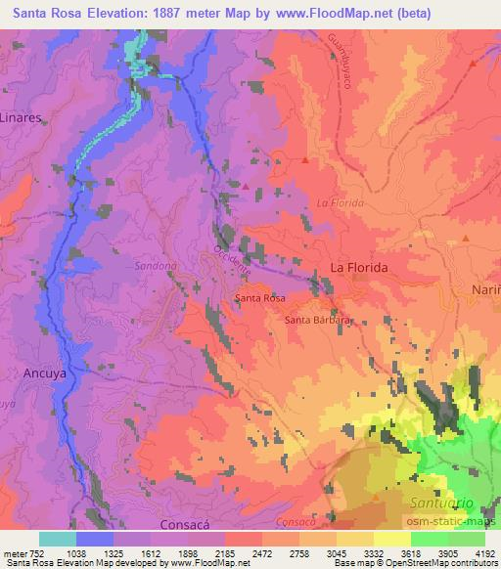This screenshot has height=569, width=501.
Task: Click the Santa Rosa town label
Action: pos(260,296)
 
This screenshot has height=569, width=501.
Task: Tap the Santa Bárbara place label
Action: pos(316,320)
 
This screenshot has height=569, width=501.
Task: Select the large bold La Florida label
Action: pos(359,267)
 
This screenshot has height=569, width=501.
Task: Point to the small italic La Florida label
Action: pos(340,203)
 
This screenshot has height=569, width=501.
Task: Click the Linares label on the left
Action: pos(20,116)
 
